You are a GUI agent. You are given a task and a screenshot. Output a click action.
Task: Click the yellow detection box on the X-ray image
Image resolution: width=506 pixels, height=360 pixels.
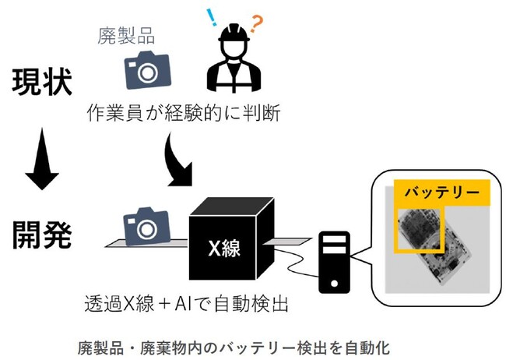tap(418, 231)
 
